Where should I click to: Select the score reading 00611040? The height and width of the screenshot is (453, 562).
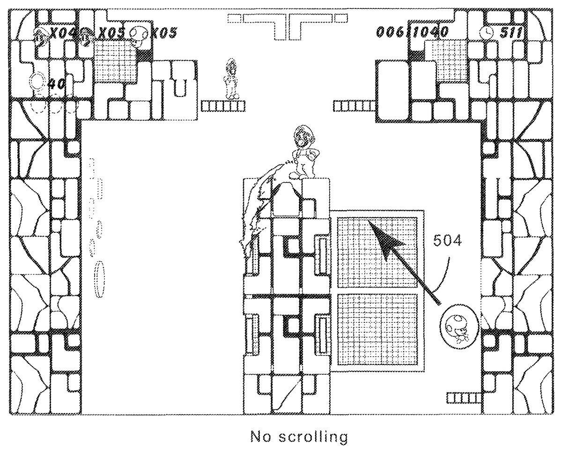pos(412,32)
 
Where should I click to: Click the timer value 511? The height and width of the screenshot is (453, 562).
pos(511,32)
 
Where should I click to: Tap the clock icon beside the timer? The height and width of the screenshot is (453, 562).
pos(487,32)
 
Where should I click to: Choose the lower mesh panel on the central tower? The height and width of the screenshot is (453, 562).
pos(377,330)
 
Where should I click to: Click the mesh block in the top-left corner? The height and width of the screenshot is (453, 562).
pos(115,60)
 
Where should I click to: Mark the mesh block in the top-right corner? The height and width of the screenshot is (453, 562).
pos(446,59)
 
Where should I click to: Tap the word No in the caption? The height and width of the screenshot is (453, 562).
pos(261,438)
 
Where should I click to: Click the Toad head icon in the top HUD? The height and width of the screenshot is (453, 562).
pos(140,33)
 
